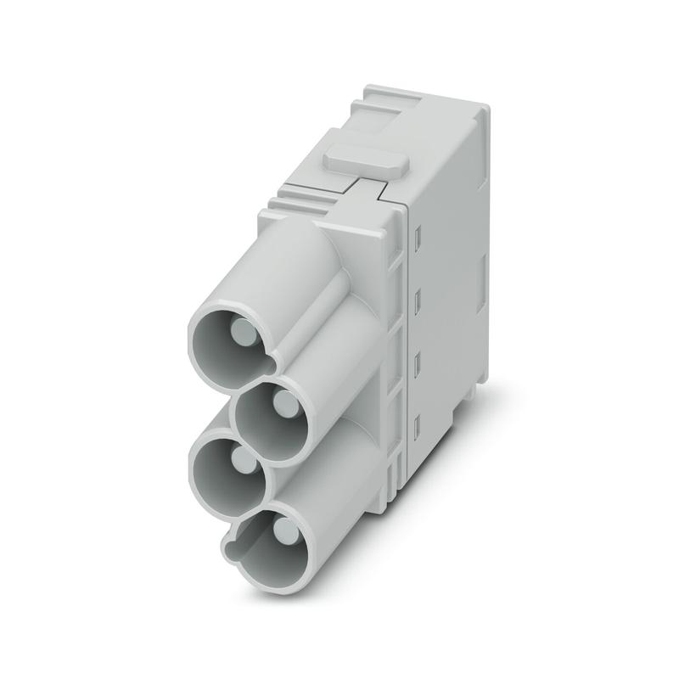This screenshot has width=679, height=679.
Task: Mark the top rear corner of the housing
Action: pos(480,110)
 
